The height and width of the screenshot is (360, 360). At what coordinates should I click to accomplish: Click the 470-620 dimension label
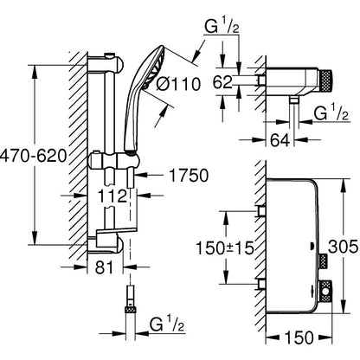point(34,157)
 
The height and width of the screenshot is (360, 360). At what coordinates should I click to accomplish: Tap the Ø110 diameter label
point(178,85)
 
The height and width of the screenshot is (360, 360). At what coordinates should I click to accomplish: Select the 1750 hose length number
point(189,176)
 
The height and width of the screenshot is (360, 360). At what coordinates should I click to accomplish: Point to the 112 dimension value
point(112,196)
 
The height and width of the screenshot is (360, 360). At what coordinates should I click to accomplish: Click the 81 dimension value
point(105,267)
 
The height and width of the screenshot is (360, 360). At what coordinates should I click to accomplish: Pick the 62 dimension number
point(222,82)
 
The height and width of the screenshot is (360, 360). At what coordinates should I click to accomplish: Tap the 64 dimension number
point(280,140)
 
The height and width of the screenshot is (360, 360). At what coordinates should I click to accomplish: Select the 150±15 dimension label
point(225,247)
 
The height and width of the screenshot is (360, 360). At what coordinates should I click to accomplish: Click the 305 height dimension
point(344,247)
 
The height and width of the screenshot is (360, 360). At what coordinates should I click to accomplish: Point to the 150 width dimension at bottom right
point(299,337)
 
